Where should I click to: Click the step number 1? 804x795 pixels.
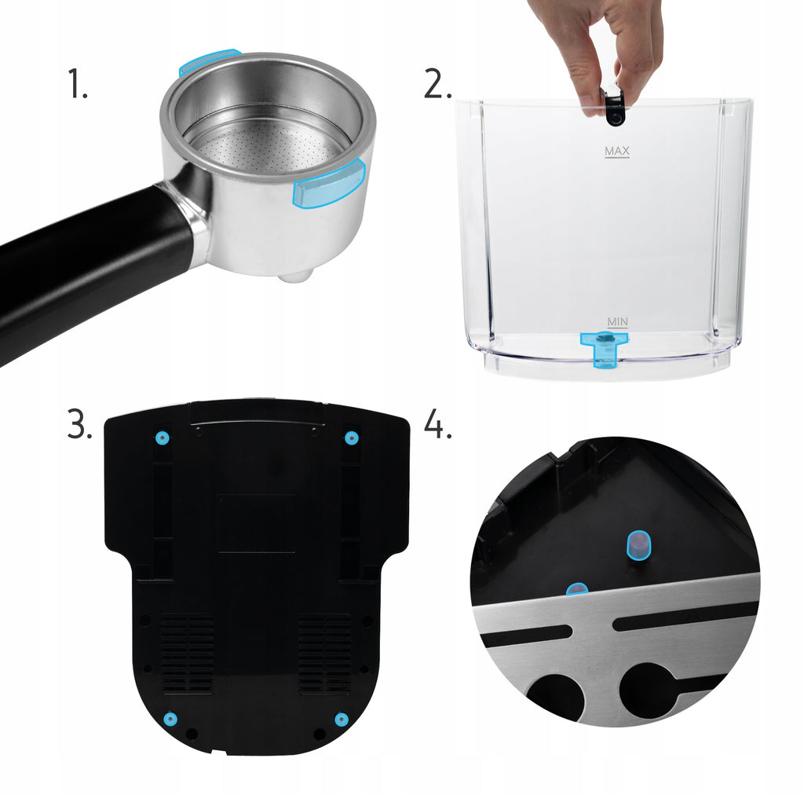click(x=78, y=84)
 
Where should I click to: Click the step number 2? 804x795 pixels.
click(x=437, y=84)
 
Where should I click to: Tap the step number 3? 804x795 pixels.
click(x=79, y=423)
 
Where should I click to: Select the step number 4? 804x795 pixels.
click(x=438, y=425)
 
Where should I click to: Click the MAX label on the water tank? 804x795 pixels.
click(x=617, y=152)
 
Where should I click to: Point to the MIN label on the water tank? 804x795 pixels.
click(x=617, y=321)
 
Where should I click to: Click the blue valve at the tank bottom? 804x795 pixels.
click(x=605, y=349)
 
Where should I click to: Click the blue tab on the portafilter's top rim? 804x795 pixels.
click(x=209, y=61)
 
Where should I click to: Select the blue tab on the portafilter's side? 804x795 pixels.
click(x=329, y=184)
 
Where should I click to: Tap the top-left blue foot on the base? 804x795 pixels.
click(x=163, y=438)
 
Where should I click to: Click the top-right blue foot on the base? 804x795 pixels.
click(x=351, y=438)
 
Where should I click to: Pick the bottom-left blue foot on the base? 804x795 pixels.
click(x=170, y=719)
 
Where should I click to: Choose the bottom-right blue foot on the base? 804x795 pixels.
click(x=342, y=719)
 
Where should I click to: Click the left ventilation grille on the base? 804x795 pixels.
click(x=188, y=654)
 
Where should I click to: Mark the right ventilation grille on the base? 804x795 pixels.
click(x=324, y=654)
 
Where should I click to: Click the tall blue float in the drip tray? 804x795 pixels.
click(x=639, y=546)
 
